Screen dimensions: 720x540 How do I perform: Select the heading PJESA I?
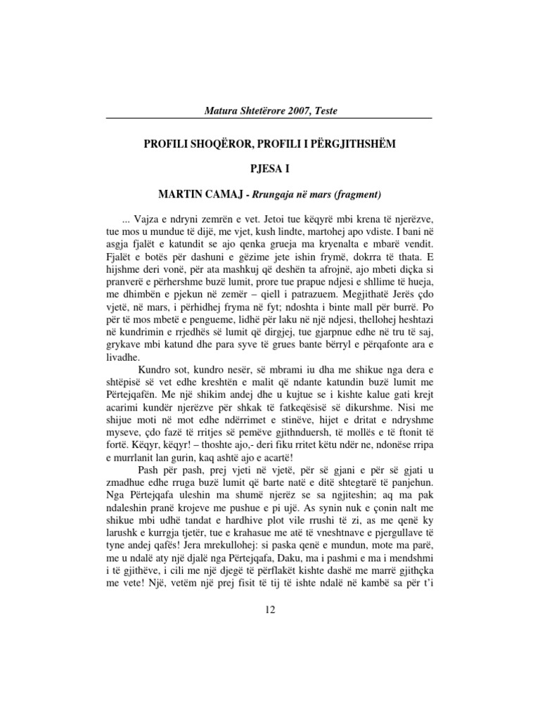point(270,169)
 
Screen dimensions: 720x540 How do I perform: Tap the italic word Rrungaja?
point(266,193)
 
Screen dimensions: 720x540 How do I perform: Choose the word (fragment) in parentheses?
point(356,193)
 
